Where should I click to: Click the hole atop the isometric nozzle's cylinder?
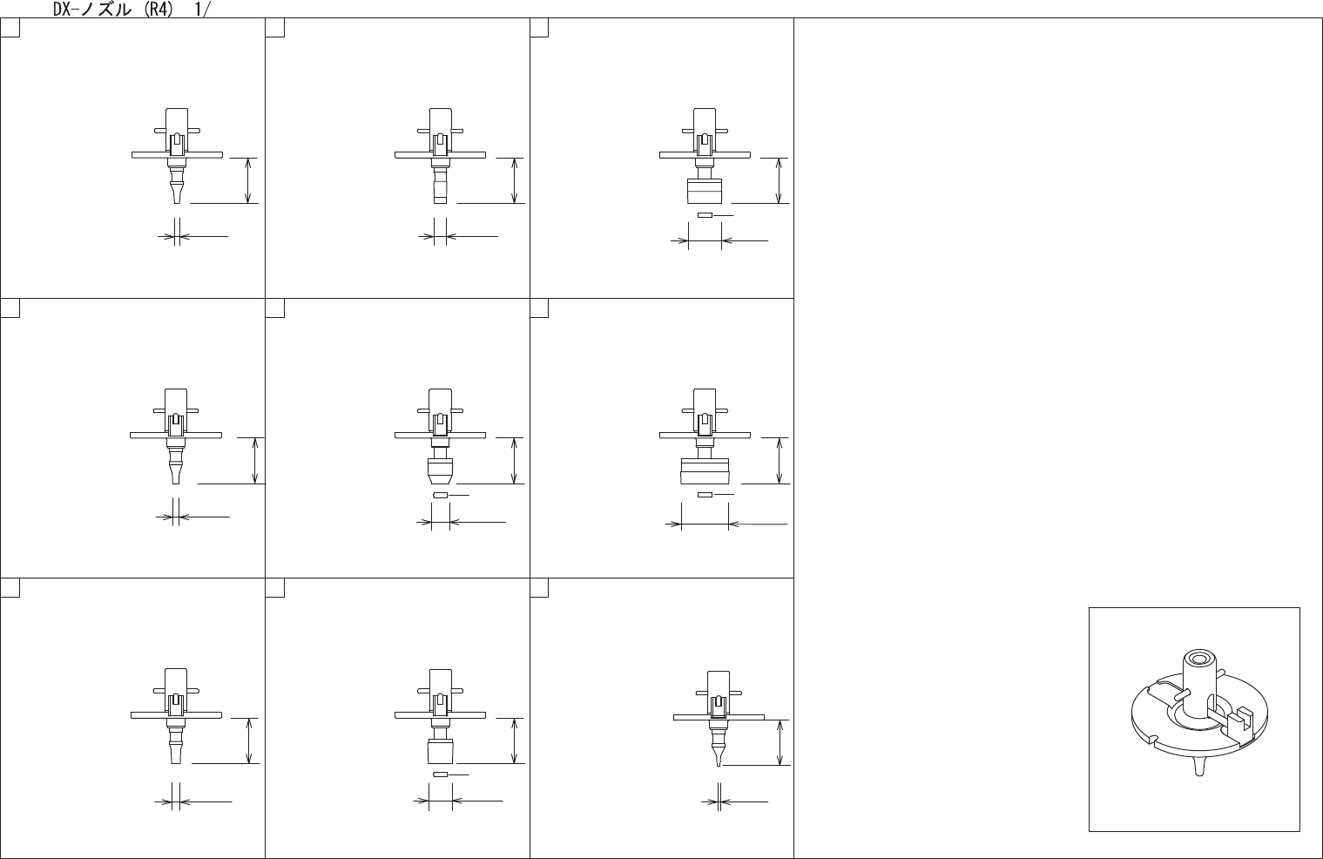1195,658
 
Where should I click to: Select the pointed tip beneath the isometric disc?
1200,767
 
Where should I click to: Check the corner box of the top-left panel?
10,28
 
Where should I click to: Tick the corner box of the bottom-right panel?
539,588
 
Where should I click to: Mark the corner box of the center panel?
275,308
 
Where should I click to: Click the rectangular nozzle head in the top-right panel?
705,189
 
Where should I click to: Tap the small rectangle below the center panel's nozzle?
441,495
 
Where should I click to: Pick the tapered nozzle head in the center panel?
441,473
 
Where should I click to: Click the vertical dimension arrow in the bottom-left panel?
250,741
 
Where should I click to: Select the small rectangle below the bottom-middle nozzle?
441,774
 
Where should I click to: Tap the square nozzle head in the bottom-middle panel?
441,752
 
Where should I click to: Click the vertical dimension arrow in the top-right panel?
779,180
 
